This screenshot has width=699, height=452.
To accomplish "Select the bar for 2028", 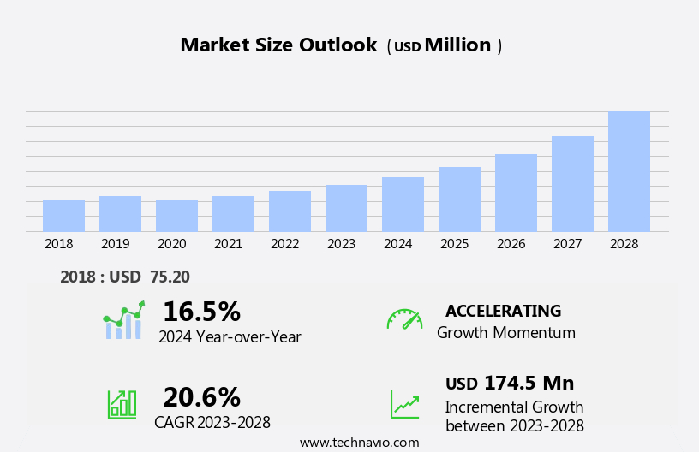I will click(x=629, y=171).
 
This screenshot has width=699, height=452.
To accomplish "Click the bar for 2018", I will click(x=63, y=216).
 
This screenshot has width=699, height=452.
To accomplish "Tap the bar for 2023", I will click(x=346, y=208).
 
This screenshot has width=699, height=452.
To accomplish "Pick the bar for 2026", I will click(x=516, y=193).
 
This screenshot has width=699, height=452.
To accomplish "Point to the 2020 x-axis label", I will click(x=171, y=244).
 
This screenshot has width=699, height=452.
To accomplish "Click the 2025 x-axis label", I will click(x=454, y=244).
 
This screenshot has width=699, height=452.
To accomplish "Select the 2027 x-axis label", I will click(x=567, y=244).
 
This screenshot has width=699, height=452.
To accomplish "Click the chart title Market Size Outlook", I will click(x=278, y=45).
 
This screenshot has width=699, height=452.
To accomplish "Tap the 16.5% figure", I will click(x=201, y=312).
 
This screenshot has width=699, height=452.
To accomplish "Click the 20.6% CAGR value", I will click(x=201, y=397).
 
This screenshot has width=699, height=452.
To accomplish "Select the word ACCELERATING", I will click(x=503, y=311).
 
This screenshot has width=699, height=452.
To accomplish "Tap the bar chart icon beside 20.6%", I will click(x=122, y=404).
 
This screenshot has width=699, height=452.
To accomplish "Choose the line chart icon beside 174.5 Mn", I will click(x=404, y=404).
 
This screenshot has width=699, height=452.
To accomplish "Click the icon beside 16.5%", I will click(x=123, y=321).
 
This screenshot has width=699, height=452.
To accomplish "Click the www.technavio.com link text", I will click(x=359, y=443).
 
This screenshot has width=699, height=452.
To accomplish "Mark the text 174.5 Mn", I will click(x=529, y=384).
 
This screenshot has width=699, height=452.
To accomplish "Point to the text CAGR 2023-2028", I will click(x=212, y=422).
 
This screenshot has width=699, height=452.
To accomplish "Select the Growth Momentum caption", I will click(x=506, y=332).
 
